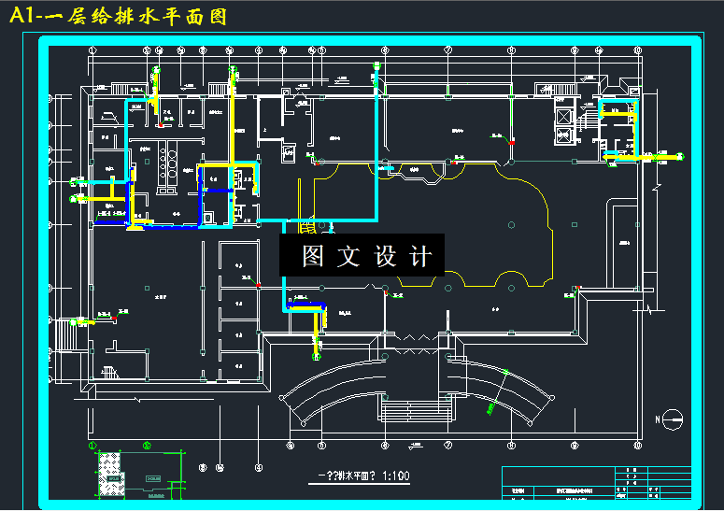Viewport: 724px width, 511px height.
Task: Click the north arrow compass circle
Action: coord(664,419)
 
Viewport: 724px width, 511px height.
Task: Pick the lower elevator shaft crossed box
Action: coord(564,135)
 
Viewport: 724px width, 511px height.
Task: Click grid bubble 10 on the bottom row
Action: coord(637,445)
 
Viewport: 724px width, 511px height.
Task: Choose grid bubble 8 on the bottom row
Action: coord(511,445)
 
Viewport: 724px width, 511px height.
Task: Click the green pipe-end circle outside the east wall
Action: coord(680,157)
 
